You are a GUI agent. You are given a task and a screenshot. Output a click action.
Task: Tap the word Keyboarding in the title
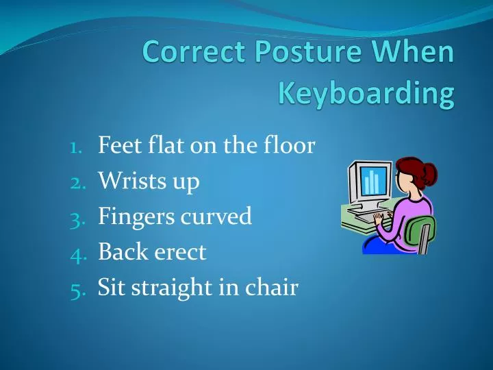[366, 95]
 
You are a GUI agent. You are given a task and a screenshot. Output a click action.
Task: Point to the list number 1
[76, 146]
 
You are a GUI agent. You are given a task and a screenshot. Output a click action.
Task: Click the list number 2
[76, 182]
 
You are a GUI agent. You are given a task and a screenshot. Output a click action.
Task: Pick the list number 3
[76, 217]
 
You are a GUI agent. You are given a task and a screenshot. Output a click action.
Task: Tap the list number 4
[76, 253]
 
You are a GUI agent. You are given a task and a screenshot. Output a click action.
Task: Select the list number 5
[76, 288]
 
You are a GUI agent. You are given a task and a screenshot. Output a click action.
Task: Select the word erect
[181, 252]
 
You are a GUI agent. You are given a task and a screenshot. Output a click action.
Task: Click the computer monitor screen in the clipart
[371, 181]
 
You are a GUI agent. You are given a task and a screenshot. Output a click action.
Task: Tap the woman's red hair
[407, 169]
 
